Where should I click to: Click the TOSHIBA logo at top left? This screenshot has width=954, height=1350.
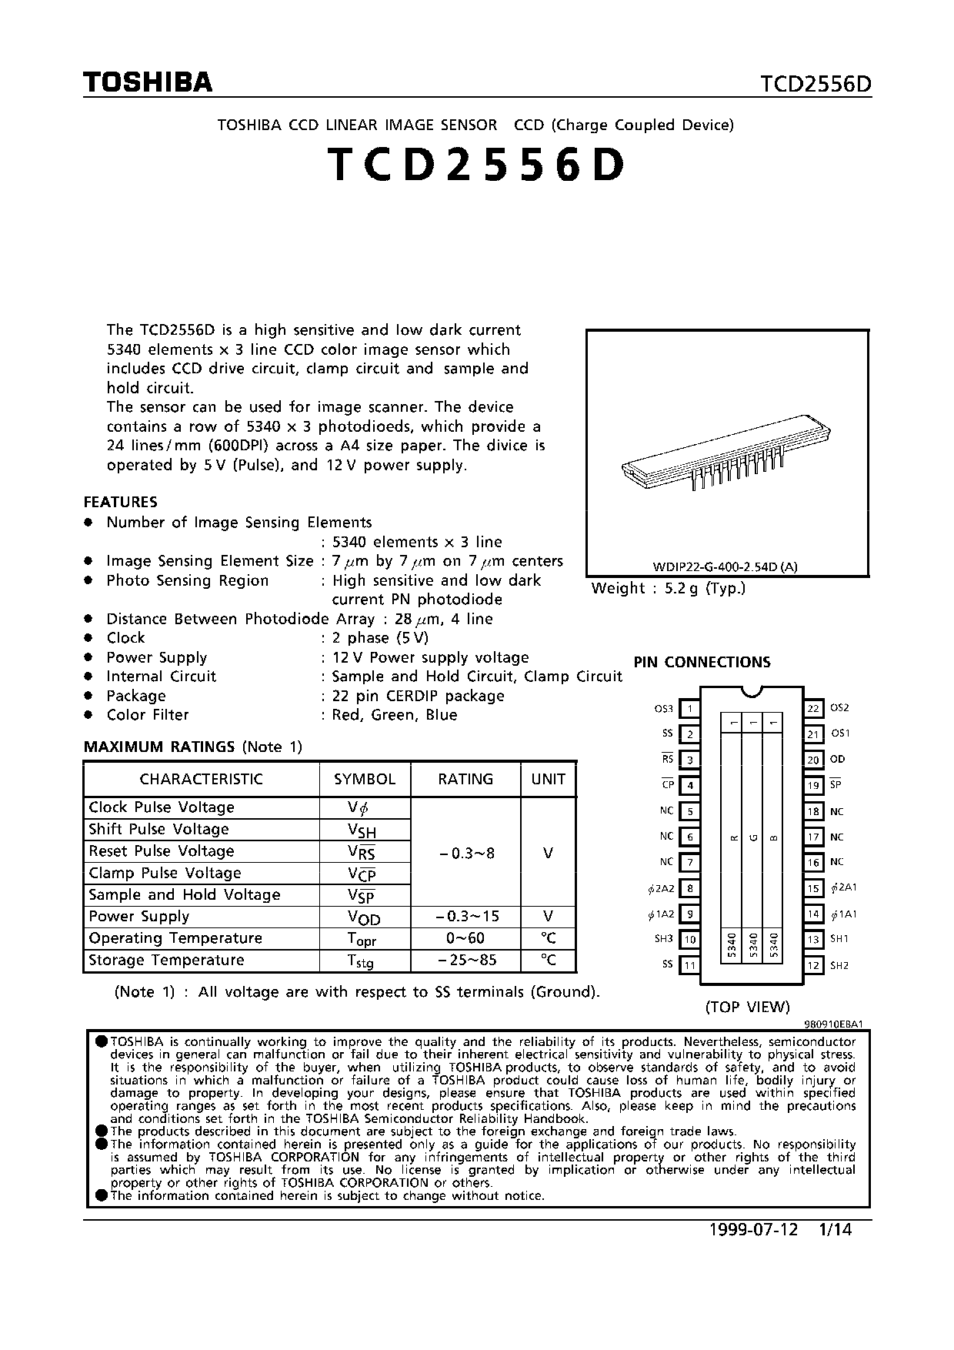148,82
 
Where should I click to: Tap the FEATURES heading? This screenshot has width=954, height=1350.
120,502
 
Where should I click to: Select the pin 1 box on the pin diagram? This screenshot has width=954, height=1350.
690,709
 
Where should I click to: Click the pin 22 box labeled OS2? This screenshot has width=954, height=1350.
813,708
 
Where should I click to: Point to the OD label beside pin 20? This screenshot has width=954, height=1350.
837,759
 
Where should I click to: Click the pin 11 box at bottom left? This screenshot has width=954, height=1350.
690,965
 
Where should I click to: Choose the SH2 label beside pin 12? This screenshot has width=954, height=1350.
839,965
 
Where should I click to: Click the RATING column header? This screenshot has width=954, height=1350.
465,779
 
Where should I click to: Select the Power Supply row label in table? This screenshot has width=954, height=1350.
139,917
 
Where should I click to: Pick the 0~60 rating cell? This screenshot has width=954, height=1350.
465,938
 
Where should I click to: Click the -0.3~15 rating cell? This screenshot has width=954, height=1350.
465,917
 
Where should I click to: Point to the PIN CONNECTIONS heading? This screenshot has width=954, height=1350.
702,662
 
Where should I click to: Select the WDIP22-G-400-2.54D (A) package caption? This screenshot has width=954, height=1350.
726,567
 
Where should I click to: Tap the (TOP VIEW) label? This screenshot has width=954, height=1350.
748,1007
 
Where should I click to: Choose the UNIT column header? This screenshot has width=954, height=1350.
548,779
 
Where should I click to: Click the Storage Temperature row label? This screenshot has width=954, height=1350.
166,961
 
